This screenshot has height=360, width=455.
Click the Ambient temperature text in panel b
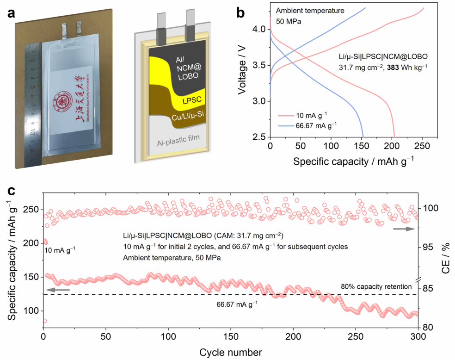pyautogui.click(x=310, y=11)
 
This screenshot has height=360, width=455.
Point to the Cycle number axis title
pyautogui.click(x=231, y=353)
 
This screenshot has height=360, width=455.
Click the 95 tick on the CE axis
pyautogui.click(x=428, y=247)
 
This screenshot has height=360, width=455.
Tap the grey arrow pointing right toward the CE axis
pyautogui.click(x=401, y=229)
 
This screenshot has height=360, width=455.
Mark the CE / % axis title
pyautogui.click(x=446, y=261)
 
